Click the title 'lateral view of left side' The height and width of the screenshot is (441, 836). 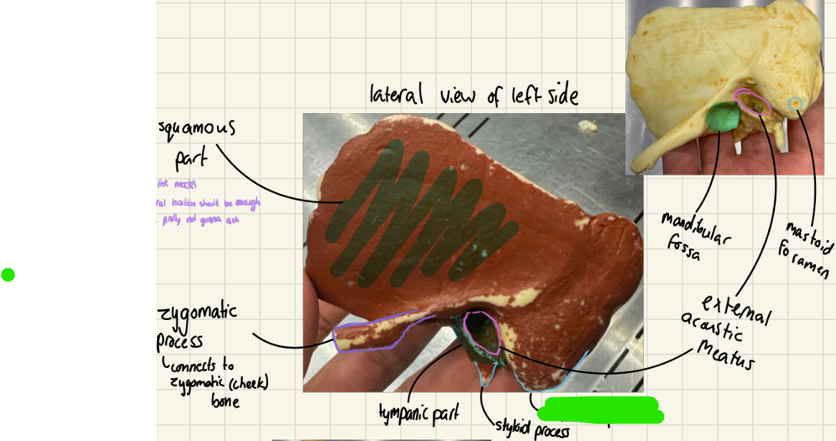pyautogui.click(x=474, y=94)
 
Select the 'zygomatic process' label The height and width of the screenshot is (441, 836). pyautogui.click(x=197, y=326)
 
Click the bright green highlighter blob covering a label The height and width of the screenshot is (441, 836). pyautogui.click(x=600, y=409)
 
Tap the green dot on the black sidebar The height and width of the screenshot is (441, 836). pyautogui.click(x=8, y=274)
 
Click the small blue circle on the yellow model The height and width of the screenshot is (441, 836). pyautogui.click(x=794, y=105)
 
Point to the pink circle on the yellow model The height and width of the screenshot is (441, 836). pyautogui.click(x=752, y=103)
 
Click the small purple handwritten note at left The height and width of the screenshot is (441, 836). pyautogui.click(x=208, y=203)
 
